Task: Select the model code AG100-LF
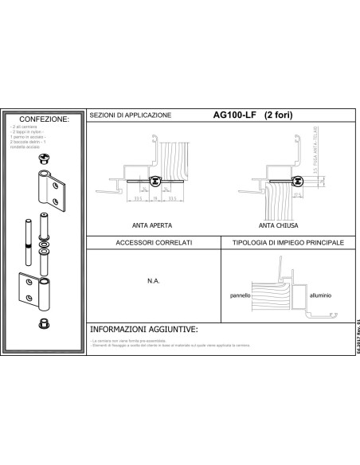(x=236, y=115)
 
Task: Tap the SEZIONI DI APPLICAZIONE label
(x=130, y=115)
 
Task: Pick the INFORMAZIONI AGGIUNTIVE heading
(x=144, y=328)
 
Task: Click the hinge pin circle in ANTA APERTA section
(x=155, y=182)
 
